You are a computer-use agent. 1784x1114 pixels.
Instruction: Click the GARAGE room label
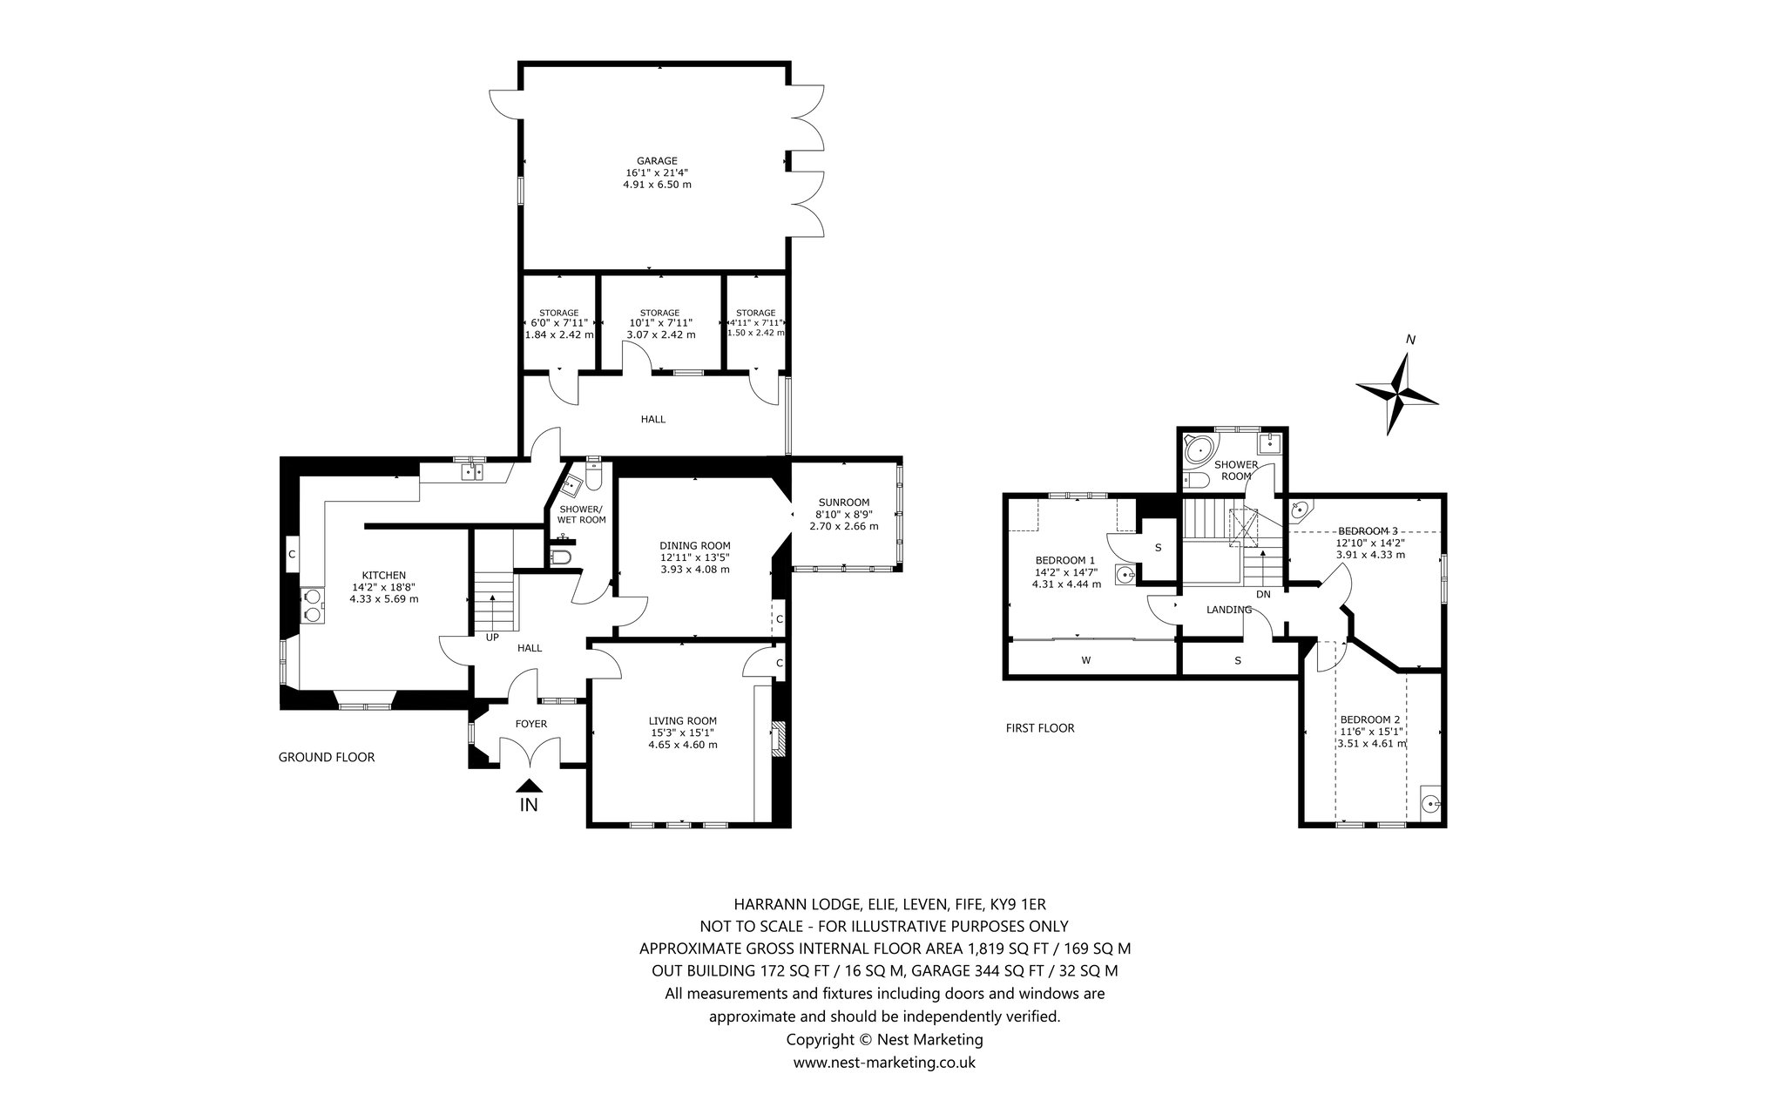pos(657,160)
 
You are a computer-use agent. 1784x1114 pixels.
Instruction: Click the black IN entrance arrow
pos(529,785)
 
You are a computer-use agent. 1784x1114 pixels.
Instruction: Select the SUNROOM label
pos(843,502)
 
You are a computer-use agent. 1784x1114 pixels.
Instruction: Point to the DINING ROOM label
pos(694,545)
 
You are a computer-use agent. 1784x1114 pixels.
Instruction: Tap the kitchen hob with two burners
pos(312,604)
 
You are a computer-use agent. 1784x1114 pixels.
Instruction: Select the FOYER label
pos(530,724)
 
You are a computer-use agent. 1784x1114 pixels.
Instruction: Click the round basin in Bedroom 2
pos(1429,804)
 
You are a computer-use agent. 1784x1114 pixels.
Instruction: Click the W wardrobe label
pos(1085,660)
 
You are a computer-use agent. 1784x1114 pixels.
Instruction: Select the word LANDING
pos(1228,610)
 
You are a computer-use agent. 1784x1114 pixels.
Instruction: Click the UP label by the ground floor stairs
pos(492,637)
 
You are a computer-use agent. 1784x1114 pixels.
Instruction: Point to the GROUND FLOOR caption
pos(326,757)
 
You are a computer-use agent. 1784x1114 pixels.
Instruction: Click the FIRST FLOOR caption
pos(1039,728)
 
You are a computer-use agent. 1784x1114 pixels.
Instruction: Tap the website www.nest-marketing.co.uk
pos(883,1062)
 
